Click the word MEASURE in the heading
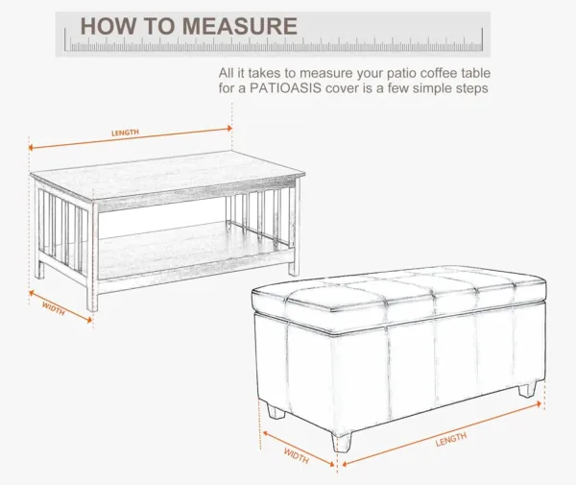tap(239, 26)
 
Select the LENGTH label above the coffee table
tap(125, 133)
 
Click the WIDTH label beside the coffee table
tap(54, 308)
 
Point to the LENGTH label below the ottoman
tap(451, 439)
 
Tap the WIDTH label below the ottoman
tap(296, 455)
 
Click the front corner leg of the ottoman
tap(342, 442)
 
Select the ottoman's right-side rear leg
tap(527, 390)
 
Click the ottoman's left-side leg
tap(276, 411)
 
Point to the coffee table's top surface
tap(168, 174)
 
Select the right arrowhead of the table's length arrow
tap(229, 129)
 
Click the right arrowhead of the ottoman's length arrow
tap(539, 404)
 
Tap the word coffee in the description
tap(439, 73)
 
